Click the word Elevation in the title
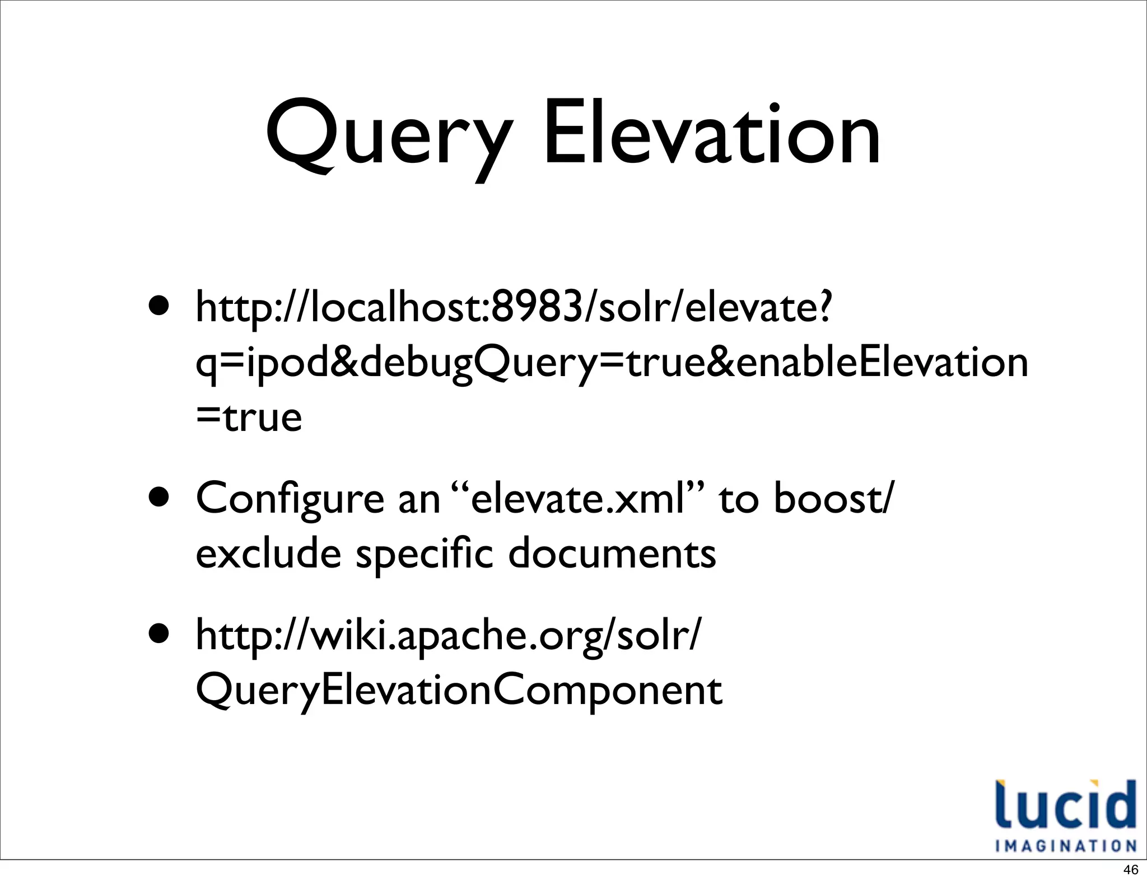coord(711,134)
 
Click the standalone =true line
coord(249,417)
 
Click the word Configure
coord(290,498)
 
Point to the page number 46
coord(1131,870)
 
